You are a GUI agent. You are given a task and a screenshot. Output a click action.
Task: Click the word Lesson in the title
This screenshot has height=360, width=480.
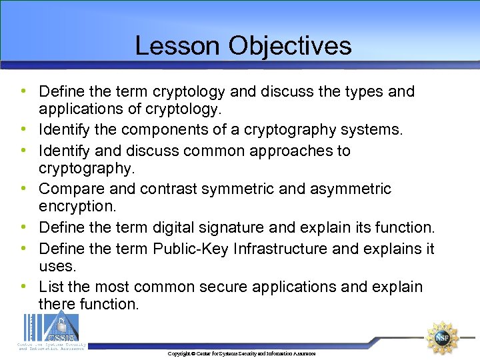[x=177, y=45]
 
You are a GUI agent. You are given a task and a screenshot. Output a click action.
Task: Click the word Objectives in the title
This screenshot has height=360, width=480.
[x=289, y=45]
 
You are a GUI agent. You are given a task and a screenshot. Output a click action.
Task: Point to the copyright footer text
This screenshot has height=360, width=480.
[x=241, y=353]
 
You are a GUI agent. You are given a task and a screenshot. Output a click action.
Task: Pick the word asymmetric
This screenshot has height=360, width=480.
[x=351, y=189]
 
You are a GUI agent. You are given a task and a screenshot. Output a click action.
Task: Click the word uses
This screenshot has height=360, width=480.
[x=57, y=266]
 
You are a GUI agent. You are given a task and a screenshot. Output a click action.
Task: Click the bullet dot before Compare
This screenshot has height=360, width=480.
[x=24, y=189]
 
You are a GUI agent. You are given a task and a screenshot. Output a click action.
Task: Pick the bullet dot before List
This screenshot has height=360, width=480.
[x=24, y=287]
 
